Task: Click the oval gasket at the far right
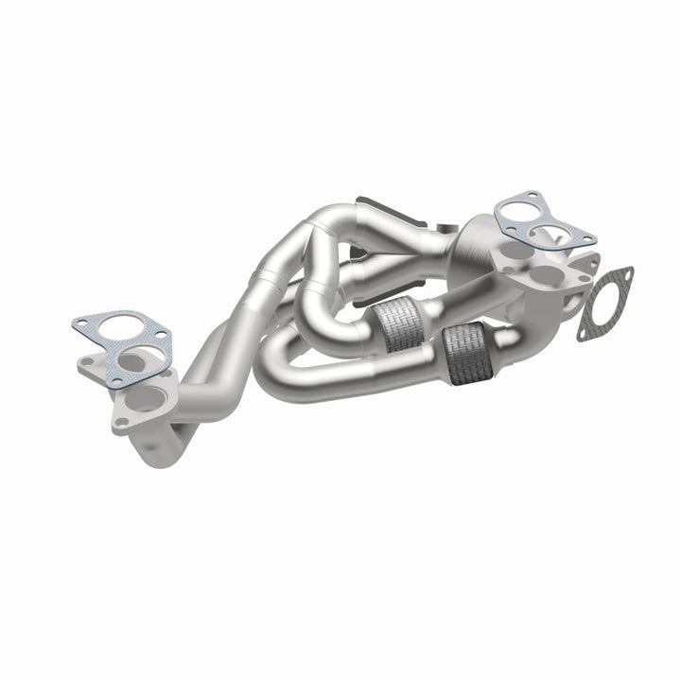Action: pos(606,301)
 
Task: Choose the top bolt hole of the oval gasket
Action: pos(624,273)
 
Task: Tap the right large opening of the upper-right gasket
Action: pos(547,232)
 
